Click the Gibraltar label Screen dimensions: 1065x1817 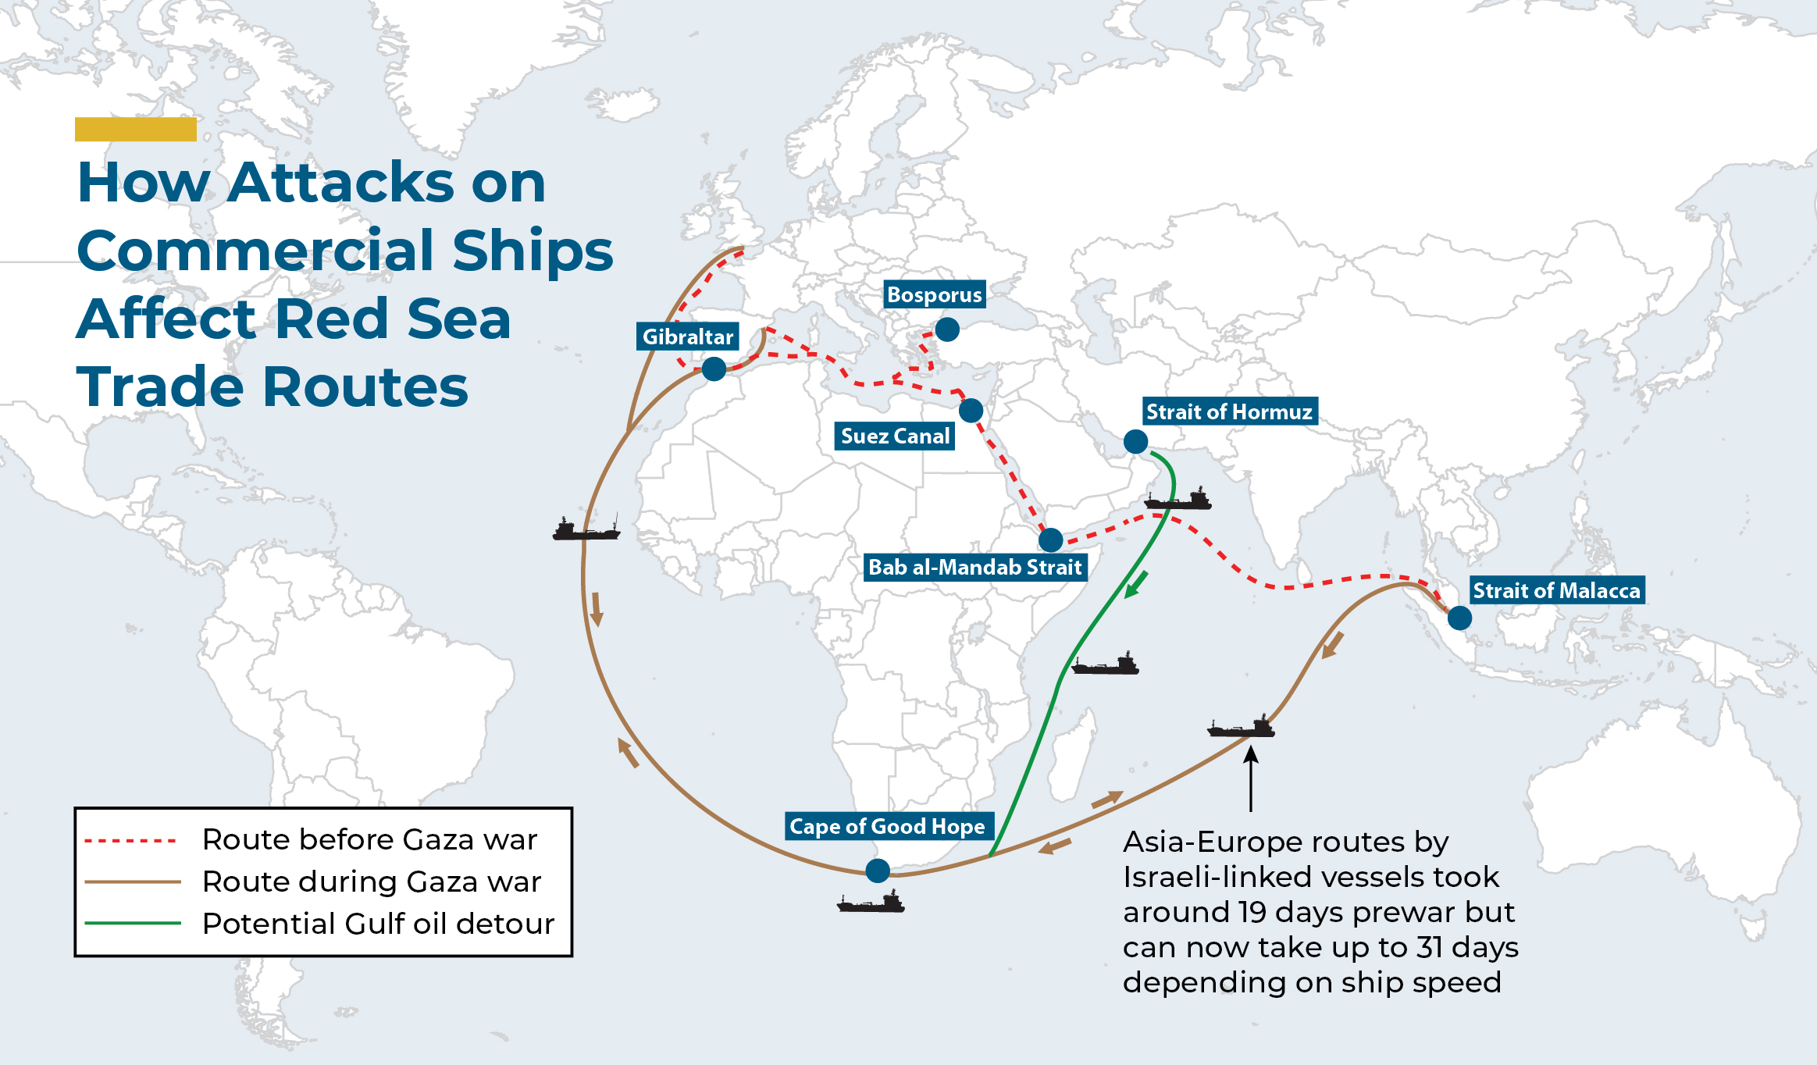click(x=688, y=337)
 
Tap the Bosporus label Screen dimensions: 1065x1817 click(x=934, y=294)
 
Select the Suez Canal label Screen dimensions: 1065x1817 click(x=895, y=436)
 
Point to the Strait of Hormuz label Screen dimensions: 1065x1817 click(x=1229, y=411)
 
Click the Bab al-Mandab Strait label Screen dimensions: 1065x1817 click(x=975, y=567)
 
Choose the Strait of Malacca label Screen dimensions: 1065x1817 click(x=1556, y=590)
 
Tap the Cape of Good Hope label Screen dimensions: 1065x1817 click(x=887, y=826)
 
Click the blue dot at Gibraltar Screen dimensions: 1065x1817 click(x=714, y=369)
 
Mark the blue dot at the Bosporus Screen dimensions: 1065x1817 click(x=947, y=329)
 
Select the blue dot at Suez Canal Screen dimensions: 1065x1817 click(x=971, y=410)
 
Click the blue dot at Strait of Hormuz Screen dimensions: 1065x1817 click(x=1135, y=441)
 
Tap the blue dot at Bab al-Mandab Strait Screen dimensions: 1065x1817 click(x=1051, y=540)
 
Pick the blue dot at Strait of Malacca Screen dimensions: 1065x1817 click(x=1459, y=618)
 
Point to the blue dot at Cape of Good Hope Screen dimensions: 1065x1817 click(x=878, y=870)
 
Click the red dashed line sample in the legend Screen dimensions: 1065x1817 click(x=131, y=841)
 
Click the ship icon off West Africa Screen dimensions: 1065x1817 click(x=586, y=529)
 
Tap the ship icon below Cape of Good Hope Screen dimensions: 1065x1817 click(x=871, y=903)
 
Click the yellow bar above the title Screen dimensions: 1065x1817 click(x=135, y=129)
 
